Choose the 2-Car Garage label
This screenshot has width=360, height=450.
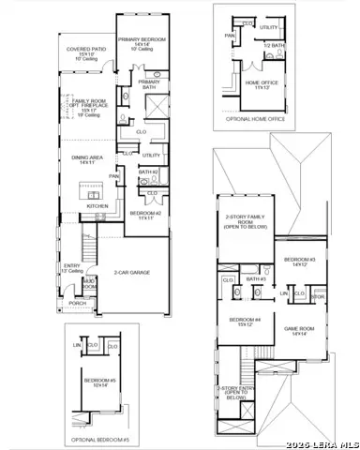(x=135, y=272)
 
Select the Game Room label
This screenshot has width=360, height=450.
(x=301, y=330)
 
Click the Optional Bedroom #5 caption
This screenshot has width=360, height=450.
(x=100, y=439)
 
